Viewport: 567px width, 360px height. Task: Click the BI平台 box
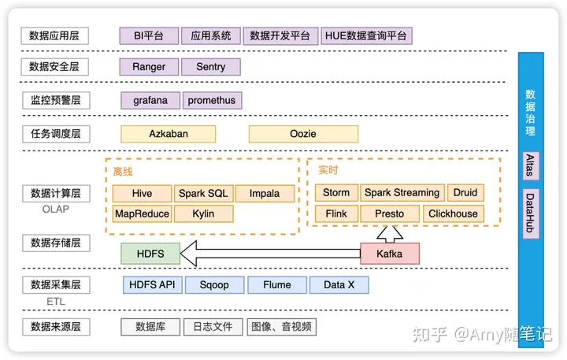pyautogui.click(x=149, y=35)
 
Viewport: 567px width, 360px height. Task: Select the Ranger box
pyautogui.click(x=149, y=67)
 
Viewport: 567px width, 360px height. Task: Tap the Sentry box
pyautogui.click(x=210, y=67)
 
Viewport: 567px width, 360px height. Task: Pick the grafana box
pyautogui.click(x=150, y=100)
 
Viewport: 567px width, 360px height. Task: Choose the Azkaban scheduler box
pyautogui.click(x=169, y=134)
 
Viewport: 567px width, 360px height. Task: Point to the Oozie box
pyautogui.click(x=303, y=134)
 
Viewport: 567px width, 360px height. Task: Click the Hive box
pyautogui.click(x=142, y=193)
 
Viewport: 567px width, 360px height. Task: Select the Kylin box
pyautogui.click(x=203, y=213)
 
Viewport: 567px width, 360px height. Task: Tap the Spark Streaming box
pyautogui.click(x=402, y=193)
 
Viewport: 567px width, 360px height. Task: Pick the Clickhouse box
pyautogui.click(x=452, y=213)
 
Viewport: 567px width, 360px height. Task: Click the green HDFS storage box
pyautogui.click(x=150, y=253)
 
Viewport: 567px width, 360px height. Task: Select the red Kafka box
pyautogui.click(x=390, y=253)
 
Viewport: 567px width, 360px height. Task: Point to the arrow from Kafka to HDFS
pyautogui.click(x=268, y=253)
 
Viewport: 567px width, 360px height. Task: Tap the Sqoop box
pyautogui.click(x=214, y=285)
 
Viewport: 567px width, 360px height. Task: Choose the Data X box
pyautogui.click(x=339, y=285)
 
